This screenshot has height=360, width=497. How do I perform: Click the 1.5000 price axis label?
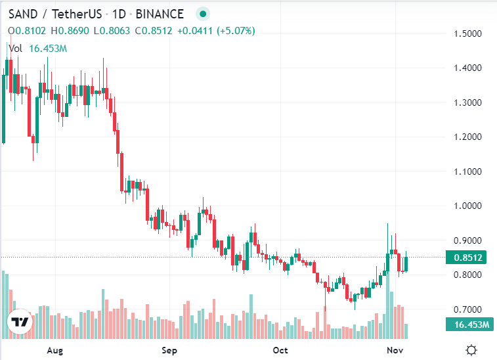pyautogui.click(x=469, y=34)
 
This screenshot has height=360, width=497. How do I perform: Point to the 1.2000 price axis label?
pyautogui.click(x=469, y=137)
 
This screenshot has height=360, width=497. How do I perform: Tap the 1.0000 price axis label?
pyautogui.click(x=469, y=206)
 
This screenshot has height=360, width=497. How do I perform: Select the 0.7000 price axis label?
pyautogui.click(x=469, y=309)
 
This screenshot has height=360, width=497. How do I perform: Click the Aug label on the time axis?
pyautogui.click(x=55, y=350)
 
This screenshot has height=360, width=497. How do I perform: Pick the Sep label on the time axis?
pyautogui.click(x=169, y=350)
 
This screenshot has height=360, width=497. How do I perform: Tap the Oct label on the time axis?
pyautogui.click(x=280, y=350)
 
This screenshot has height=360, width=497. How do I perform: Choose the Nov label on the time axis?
pyautogui.click(x=395, y=350)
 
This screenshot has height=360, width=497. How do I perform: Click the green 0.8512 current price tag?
pyautogui.click(x=469, y=258)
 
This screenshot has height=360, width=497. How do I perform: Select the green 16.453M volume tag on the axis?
pyautogui.click(x=469, y=324)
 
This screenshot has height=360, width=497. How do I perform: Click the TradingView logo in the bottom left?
pyautogui.click(x=19, y=322)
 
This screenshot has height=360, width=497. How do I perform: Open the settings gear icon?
pyautogui.click(x=471, y=350)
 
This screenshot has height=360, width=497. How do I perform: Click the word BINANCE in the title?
pyautogui.click(x=160, y=13)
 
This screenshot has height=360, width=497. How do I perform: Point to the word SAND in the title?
pyautogui.click(x=22, y=13)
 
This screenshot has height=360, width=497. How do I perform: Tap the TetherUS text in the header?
pyautogui.click(x=76, y=13)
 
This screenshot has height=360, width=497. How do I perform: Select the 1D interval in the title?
pyautogui.click(x=119, y=13)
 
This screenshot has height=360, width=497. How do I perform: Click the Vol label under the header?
pyautogui.click(x=15, y=48)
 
